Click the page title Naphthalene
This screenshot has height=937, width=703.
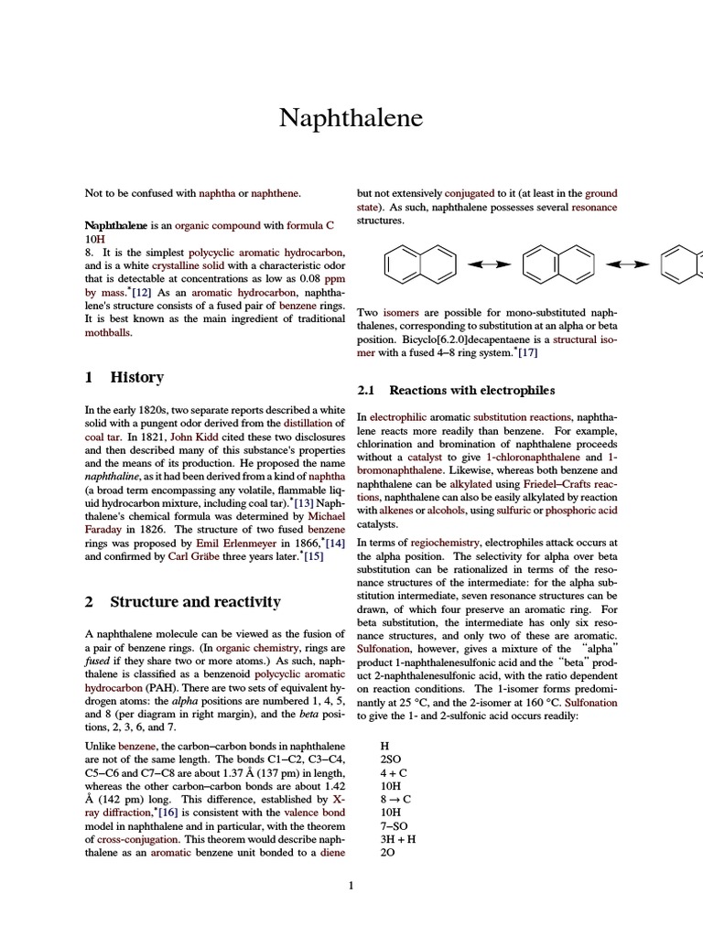(x=351, y=120)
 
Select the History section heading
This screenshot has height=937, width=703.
(x=136, y=377)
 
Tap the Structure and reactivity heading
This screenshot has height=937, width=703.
(x=195, y=601)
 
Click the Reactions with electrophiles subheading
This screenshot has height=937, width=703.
(x=469, y=390)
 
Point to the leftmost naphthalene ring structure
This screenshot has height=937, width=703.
(x=416, y=264)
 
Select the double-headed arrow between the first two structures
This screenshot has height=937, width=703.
(x=489, y=264)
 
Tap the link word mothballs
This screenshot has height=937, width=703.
(x=108, y=333)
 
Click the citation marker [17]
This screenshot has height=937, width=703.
(x=527, y=352)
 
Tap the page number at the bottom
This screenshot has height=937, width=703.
(x=351, y=885)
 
